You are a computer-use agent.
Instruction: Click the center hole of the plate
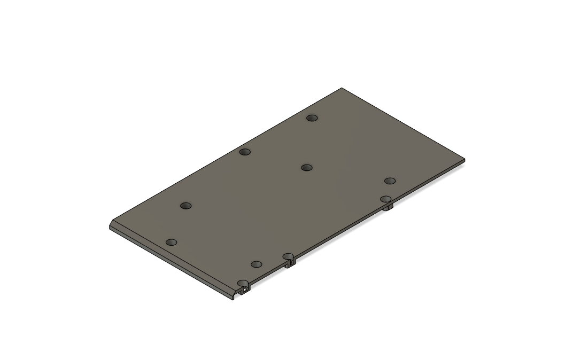pos(306,168)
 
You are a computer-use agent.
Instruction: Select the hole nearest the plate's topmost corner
pos(312,118)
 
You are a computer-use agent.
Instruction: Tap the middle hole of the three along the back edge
pos(245,152)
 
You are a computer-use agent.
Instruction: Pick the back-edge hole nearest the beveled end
pos(185,206)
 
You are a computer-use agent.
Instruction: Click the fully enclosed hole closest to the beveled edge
pos(171,242)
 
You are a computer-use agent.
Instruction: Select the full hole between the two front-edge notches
pos(257,264)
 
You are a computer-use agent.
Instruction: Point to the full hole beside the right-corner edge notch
pos(390,181)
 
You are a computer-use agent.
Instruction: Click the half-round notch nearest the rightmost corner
pos(386,199)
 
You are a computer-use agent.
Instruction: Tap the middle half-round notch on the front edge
pos(289,256)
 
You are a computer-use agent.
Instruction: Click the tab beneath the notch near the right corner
pos(389,207)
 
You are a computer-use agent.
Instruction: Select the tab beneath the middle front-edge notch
pos(289,264)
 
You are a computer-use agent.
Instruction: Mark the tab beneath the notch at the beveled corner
pos(245,292)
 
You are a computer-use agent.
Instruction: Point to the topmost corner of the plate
pos(342,88)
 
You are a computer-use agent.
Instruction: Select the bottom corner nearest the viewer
pos(233,299)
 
